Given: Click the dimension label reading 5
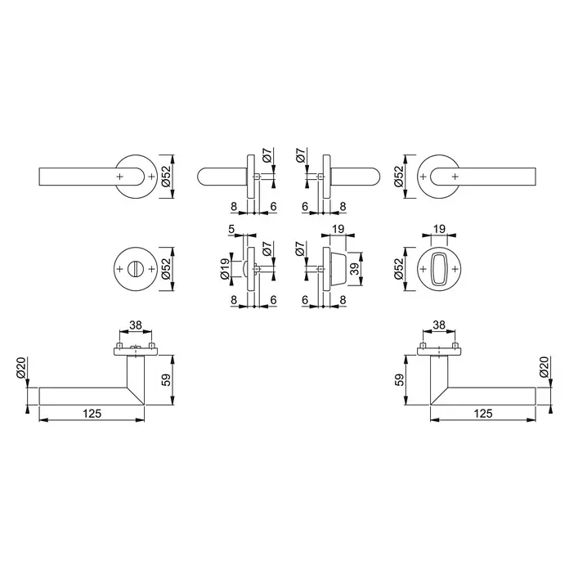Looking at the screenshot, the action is coord(232,229).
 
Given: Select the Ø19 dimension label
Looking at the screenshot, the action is coord(225,269).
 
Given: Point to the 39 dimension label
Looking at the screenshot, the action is coord(355,268).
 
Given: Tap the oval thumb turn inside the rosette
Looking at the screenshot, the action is coord(439,269).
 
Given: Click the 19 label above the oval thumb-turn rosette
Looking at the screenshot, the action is coord(439,230).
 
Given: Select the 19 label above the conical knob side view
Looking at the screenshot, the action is coord(338,230).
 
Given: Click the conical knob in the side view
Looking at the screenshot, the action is coord(338,269).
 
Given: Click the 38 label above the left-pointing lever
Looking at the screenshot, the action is coord(136,325).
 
